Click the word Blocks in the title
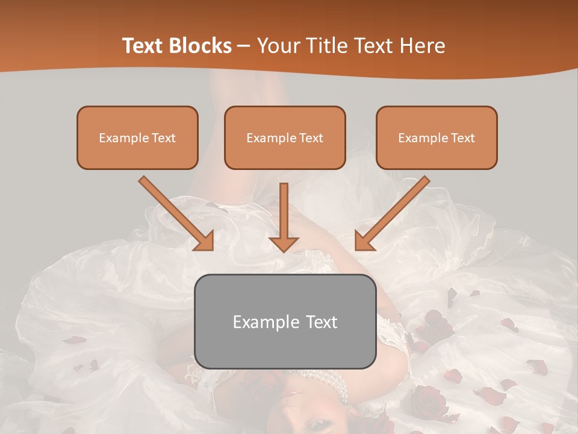201,46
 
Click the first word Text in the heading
143,46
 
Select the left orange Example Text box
137,137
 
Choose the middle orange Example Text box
285,137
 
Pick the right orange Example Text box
437,137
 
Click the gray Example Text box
285,321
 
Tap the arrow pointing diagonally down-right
175,212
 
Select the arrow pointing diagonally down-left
394,212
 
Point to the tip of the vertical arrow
284,251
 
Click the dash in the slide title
244,46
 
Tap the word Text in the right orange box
462,138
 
